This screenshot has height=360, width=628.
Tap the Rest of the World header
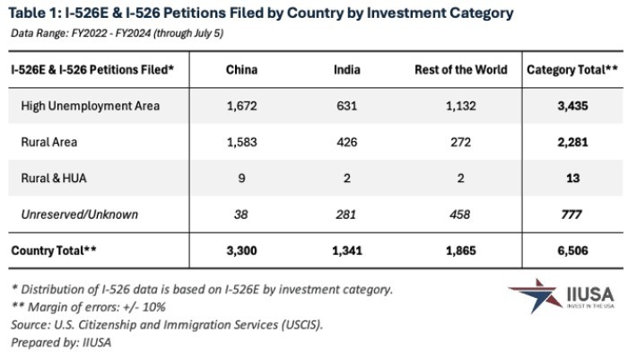pyautogui.click(x=460, y=69)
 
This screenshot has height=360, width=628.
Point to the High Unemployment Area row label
pyautogui.click(x=90, y=106)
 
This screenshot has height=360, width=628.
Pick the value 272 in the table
pyautogui.click(x=460, y=143)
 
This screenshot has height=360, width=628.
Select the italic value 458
pyautogui.click(x=460, y=215)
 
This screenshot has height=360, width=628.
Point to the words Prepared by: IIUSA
pyautogui.click(x=62, y=342)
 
